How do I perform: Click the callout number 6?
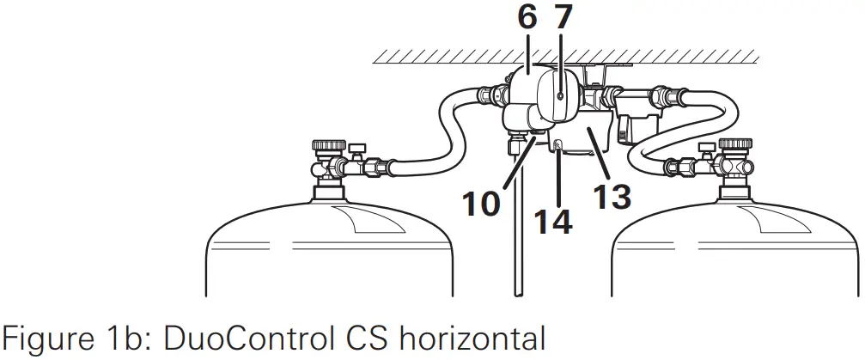pyautogui.click(x=527, y=18)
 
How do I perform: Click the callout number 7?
pyautogui.click(x=563, y=18)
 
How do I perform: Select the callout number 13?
pyautogui.click(x=612, y=197)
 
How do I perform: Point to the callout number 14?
pyautogui.click(x=553, y=222)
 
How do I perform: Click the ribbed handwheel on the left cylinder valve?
pyautogui.click(x=329, y=145)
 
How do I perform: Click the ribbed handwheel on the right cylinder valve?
pyautogui.click(x=735, y=144)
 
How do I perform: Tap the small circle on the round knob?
pyautogui.click(x=560, y=96)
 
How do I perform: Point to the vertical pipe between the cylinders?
pyautogui.click(x=517, y=232)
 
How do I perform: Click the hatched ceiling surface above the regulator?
pyautogui.click(x=565, y=56)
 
